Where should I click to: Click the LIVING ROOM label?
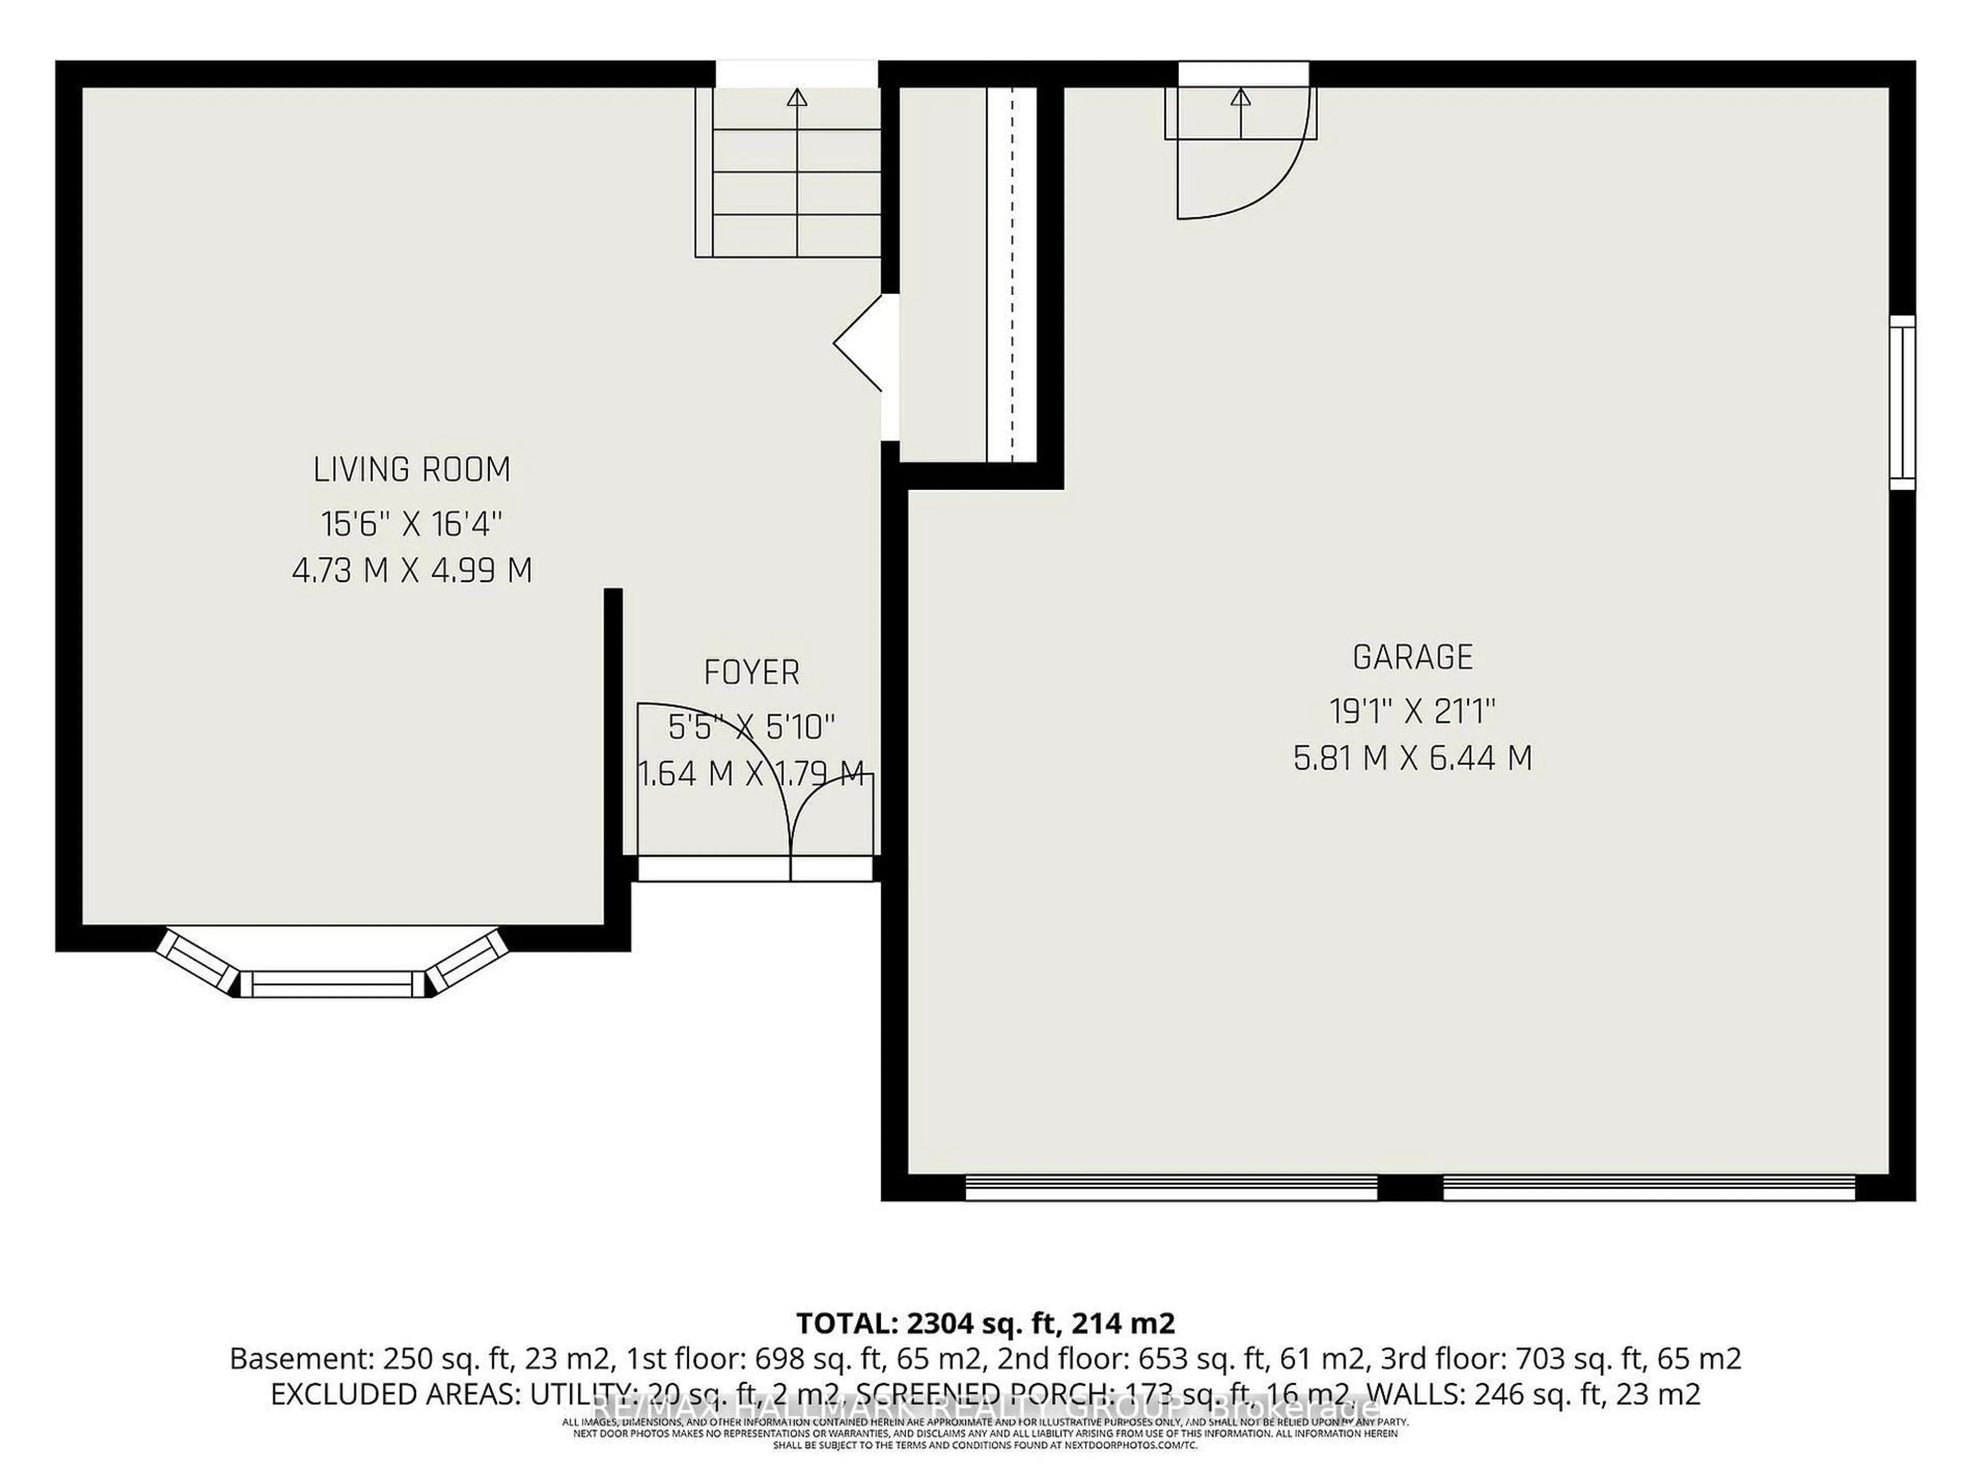click(x=412, y=470)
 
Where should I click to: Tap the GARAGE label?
click(x=1413, y=657)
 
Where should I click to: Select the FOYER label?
click(x=751, y=673)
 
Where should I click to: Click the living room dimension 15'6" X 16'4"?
click(x=412, y=524)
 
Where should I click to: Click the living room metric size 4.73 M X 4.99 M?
click(x=412, y=570)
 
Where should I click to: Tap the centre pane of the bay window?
click(x=333, y=984)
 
